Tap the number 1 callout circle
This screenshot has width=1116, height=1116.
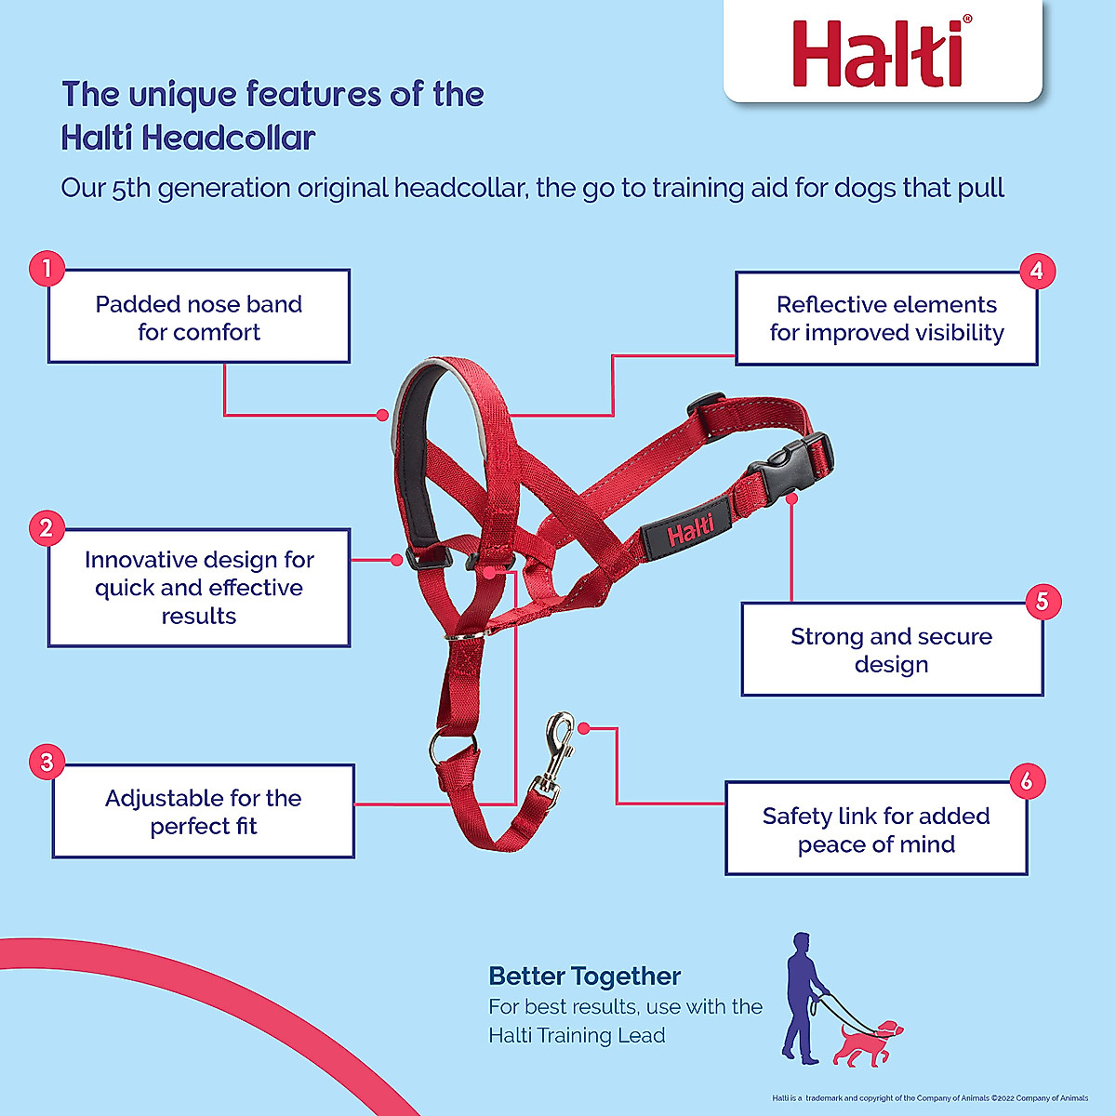pos(46,270)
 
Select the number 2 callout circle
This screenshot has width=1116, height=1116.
pos(46,528)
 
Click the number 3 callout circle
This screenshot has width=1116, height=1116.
pos(46,763)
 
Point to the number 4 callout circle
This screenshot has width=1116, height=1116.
pos(1037,272)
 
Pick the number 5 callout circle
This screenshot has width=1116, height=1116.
pos(1042,602)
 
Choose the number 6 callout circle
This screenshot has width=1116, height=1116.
pos(1026,780)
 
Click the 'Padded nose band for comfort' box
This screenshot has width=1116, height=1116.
pos(199,317)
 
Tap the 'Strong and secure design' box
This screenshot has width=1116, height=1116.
pos(891,650)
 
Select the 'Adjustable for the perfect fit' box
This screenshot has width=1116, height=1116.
pos(203,811)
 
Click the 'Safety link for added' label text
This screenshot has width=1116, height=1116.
pos(875,817)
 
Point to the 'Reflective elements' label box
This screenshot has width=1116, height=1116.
pos(886,318)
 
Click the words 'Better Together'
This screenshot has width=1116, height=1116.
pos(584,976)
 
